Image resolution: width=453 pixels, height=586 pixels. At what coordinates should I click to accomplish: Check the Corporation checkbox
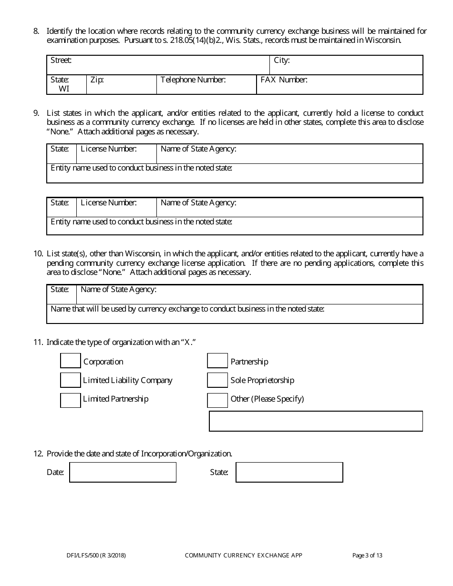pyautogui.click(x=71, y=361)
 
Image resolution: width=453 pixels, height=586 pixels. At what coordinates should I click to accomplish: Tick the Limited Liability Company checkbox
pyautogui.click(x=71, y=380)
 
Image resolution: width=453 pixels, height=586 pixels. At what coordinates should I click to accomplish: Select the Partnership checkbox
pyautogui.click(x=217, y=361)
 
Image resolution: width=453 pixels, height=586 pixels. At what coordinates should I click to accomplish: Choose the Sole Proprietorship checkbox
pyautogui.click(x=217, y=380)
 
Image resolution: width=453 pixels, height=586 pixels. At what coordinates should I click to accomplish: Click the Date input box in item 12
pyautogui.click(x=123, y=472)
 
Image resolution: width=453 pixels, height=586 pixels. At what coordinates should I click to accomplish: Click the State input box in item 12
pyautogui.click(x=289, y=472)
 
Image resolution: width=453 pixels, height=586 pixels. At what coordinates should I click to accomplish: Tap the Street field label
pyautogui.click(x=61, y=61)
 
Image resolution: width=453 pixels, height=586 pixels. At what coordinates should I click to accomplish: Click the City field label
pyautogui.click(x=282, y=61)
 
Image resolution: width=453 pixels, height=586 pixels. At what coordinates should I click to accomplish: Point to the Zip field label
pyautogui.click(x=97, y=80)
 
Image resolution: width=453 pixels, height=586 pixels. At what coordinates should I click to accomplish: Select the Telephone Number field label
pyautogui.click(x=193, y=80)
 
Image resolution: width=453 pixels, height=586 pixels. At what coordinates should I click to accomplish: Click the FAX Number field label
pyautogui.click(x=284, y=80)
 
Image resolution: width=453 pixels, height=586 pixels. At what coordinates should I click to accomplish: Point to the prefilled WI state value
pyautogui.click(x=64, y=89)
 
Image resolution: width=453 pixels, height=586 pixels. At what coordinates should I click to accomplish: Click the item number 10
pyautogui.click(x=38, y=253)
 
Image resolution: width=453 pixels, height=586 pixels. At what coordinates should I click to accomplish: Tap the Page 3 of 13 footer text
pyautogui.click(x=367, y=555)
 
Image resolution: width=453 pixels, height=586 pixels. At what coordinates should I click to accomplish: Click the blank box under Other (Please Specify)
pyautogui.click(x=316, y=421)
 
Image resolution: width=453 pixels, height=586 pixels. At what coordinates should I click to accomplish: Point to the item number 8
pyautogui.click(x=36, y=31)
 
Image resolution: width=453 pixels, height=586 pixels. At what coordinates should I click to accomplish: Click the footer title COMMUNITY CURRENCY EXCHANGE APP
pyautogui.click(x=243, y=555)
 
